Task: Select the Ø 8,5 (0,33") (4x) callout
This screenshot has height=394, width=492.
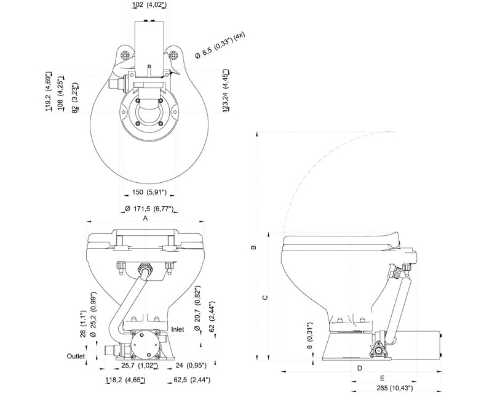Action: (x=220, y=45)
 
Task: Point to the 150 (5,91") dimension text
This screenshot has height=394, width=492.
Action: (x=149, y=192)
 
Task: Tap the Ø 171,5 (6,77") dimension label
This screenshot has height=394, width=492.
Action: (x=149, y=208)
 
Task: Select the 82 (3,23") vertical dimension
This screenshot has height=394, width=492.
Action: (x=74, y=98)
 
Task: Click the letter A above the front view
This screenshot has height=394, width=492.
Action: (x=145, y=218)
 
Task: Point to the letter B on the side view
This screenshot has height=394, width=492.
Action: (x=254, y=247)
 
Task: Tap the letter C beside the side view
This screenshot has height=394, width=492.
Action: (x=265, y=297)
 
